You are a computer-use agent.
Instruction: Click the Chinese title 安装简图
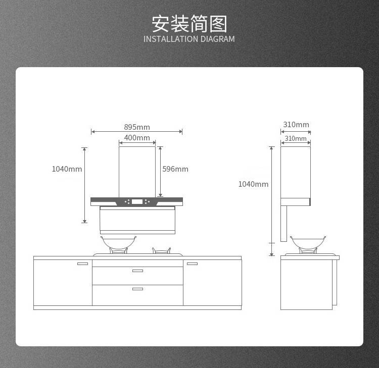click(189, 24)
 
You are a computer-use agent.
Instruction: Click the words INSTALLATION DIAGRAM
click(189, 39)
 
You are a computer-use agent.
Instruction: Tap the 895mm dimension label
click(137, 127)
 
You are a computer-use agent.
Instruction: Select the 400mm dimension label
click(137, 138)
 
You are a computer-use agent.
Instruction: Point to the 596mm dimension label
click(175, 169)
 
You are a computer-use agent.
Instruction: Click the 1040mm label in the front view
click(67, 169)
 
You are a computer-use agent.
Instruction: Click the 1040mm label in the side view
click(253, 184)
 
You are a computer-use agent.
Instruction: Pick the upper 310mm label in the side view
click(296, 125)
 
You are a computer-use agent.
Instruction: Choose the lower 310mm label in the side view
click(296, 138)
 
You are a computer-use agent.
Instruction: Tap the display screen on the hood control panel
click(137, 201)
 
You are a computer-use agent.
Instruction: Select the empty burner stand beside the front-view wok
click(161, 251)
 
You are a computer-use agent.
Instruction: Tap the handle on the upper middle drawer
click(137, 271)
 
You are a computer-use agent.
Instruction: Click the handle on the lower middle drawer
click(137, 289)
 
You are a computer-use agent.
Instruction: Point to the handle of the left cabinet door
click(82, 264)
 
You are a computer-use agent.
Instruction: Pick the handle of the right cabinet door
click(192, 264)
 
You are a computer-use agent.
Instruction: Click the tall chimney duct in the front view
click(137, 172)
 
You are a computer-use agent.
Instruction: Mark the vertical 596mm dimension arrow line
click(160, 172)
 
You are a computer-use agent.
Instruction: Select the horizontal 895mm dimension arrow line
click(136, 132)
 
